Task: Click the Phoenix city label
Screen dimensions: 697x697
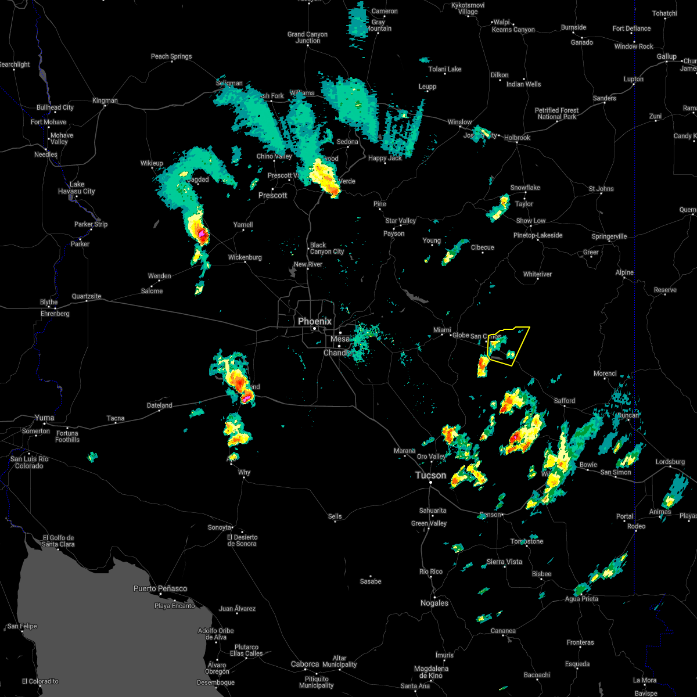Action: tap(314, 321)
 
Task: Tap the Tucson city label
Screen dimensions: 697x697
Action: tap(430, 475)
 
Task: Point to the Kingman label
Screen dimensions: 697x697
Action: tap(105, 100)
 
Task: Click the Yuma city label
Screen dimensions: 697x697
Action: tap(44, 418)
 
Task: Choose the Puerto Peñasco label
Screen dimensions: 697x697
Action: tap(160, 588)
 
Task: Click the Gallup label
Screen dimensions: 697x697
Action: tap(666, 56)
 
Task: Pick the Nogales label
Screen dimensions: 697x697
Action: tap(434, 603)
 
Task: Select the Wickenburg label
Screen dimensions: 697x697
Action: tap(245, 257)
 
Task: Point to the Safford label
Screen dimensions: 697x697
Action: tap(564, 401)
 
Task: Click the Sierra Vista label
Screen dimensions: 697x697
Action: tap(504, 562)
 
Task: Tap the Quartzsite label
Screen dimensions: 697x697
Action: tap(87, 296)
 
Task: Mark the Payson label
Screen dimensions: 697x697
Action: tap(394, 233)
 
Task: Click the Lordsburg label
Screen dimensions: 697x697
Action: tap(670, 462)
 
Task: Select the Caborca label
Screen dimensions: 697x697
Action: tap(305, 664)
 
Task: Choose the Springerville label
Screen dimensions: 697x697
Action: tap(609, 236)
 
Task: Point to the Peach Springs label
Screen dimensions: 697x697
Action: tap(171, 56)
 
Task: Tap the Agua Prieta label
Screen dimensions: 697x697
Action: tap(581, 599)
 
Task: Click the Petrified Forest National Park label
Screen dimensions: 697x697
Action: tap(556, 113)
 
